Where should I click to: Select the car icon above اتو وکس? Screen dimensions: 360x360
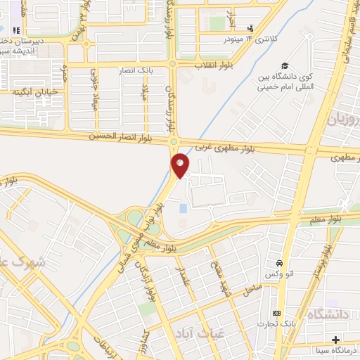[281, 261]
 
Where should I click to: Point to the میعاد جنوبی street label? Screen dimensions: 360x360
[94, 88]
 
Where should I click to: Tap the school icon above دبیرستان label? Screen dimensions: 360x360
[16, 30]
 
